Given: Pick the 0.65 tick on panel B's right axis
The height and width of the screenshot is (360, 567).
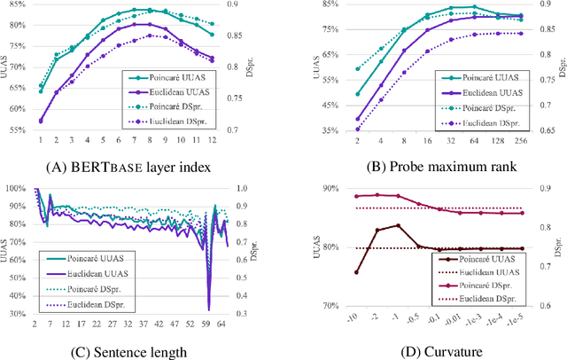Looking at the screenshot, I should pyautogui.click(x=548, y=130).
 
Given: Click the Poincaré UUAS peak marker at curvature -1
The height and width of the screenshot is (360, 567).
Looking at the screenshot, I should pyautogui.click(x=398, y=225).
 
